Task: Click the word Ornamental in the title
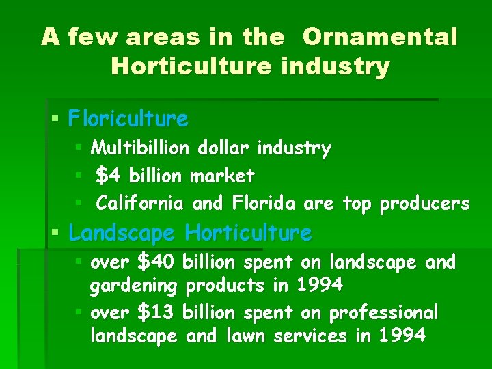pos(379,37)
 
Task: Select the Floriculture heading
pos(128,119)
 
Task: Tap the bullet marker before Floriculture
pos(56,120)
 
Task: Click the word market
pos(222,176)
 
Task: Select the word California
pos(140,204)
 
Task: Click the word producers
pos(424,204)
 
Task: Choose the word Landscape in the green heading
pos(122,233)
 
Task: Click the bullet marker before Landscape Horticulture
pos(56,234)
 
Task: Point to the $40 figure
pos(157,262)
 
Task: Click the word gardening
pos(134,285)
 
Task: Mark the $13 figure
pos(157,312)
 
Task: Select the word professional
pos(383,313)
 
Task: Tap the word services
pos(312,336)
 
